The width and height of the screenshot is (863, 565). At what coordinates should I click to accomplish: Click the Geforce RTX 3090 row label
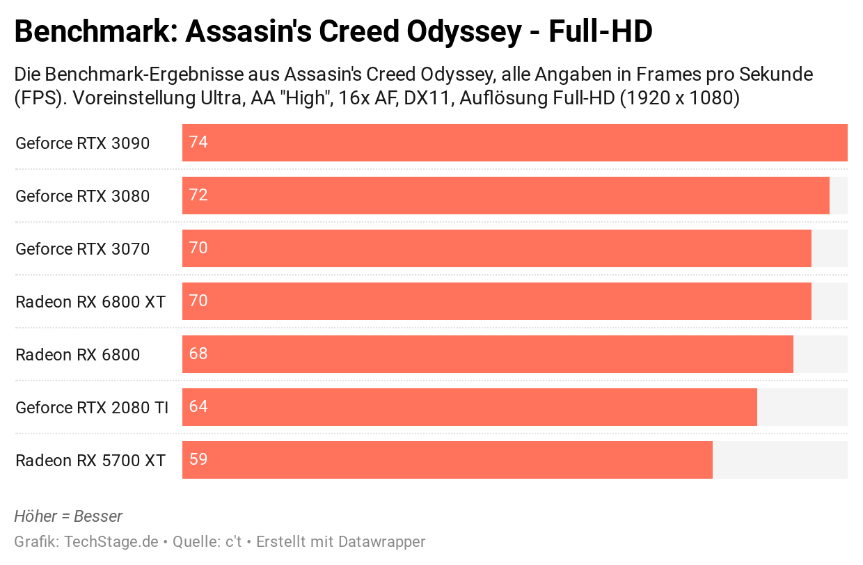(x=82, y=143)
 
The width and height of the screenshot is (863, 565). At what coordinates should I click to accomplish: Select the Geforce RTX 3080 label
(x=82, y=196)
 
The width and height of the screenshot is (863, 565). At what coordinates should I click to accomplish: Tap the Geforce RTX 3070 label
(x=82, y=249)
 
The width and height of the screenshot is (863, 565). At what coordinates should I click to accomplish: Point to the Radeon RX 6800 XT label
(x=90, y=302)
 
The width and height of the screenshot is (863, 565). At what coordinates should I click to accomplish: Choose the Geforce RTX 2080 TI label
(x=92, y=408)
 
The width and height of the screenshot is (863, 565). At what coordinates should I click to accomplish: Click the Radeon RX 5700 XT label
(x=90, y=461)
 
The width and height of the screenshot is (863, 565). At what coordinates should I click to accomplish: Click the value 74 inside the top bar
(x=198, y=143)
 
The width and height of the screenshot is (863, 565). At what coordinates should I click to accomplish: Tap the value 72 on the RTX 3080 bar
(x=198, y=196)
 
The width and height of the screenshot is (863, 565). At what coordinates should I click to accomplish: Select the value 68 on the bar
(x=198, y=354)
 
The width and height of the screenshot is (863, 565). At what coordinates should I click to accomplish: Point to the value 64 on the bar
(x=198, y=407)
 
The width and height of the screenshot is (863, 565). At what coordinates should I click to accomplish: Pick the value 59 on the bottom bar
(x=198, y=460)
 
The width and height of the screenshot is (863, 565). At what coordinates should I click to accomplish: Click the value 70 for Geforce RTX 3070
(x=198, y=248)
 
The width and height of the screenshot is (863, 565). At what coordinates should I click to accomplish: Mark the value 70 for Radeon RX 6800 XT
(x=198, y=301)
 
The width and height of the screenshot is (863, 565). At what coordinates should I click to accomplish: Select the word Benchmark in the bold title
(x=93, y=32)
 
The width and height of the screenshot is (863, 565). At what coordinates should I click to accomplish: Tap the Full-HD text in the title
(x=601, y=32)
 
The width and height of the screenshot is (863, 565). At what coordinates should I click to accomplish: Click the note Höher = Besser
(x=68, y=516)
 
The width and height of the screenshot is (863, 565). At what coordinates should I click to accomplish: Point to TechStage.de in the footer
(x=111, y=541)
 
